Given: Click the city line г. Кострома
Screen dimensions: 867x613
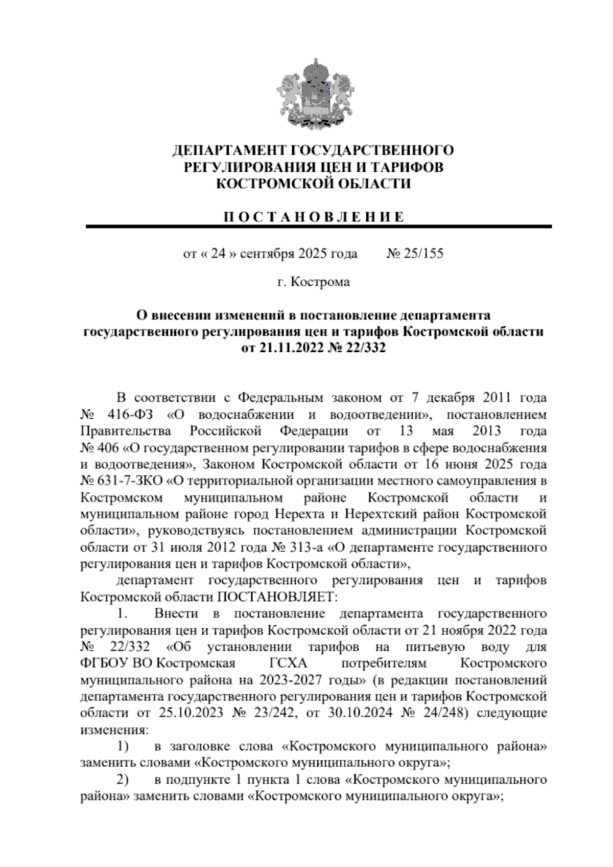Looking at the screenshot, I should click(x=313, y=282).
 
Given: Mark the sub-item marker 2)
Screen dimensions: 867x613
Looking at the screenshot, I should click(x=122, y=780).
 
